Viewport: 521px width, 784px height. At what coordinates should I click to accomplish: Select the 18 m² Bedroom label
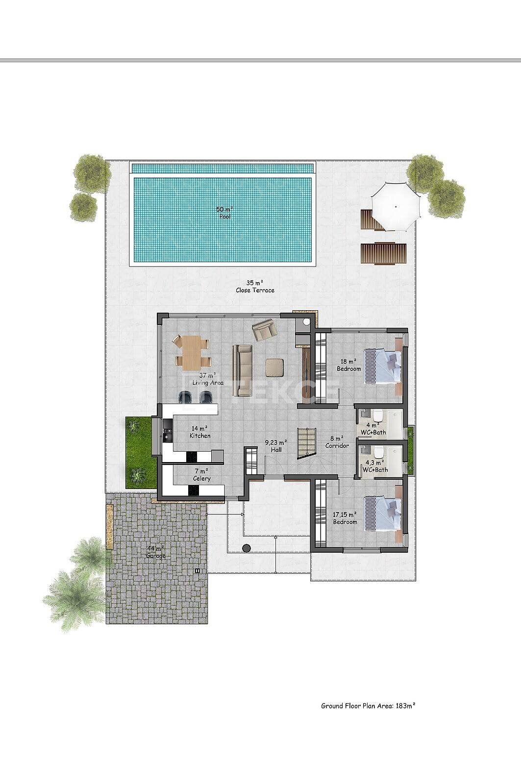pos(349,365)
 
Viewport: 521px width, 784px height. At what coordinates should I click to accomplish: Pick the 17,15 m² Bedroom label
pos(345,518)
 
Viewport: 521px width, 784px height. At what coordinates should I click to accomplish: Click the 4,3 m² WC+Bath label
pos(375,466)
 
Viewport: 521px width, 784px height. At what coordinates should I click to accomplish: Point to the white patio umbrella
pos(396,206)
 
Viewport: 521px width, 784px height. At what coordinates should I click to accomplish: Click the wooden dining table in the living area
pos(192,352)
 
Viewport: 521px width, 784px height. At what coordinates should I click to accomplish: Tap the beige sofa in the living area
pos(243,370)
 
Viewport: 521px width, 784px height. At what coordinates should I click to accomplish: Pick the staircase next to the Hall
pos(307,442)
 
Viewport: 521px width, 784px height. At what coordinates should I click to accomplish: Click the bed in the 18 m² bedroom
pos(383,367)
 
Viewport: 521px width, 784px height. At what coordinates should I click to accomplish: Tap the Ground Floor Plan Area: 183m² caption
pos(368,706)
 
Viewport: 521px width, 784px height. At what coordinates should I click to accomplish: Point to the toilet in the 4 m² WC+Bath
pos(377,416)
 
